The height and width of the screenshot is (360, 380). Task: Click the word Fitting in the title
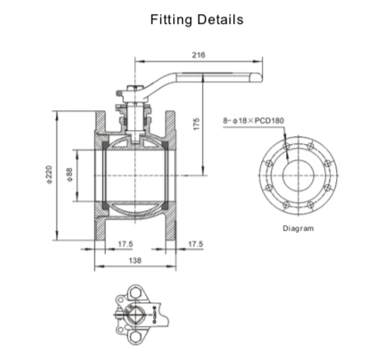(x=170, y=19)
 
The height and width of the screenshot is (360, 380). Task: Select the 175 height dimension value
(x=196, y=124)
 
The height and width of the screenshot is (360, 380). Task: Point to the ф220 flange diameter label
(x=49, y=175)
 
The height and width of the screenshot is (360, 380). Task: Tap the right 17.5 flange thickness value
(x=195, y=244)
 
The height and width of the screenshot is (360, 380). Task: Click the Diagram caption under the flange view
(x=298, y=228)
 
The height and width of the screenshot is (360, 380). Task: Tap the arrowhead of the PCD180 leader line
(x=285, y=153)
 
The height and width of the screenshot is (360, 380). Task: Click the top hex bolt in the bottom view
(x=135, y=292)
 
